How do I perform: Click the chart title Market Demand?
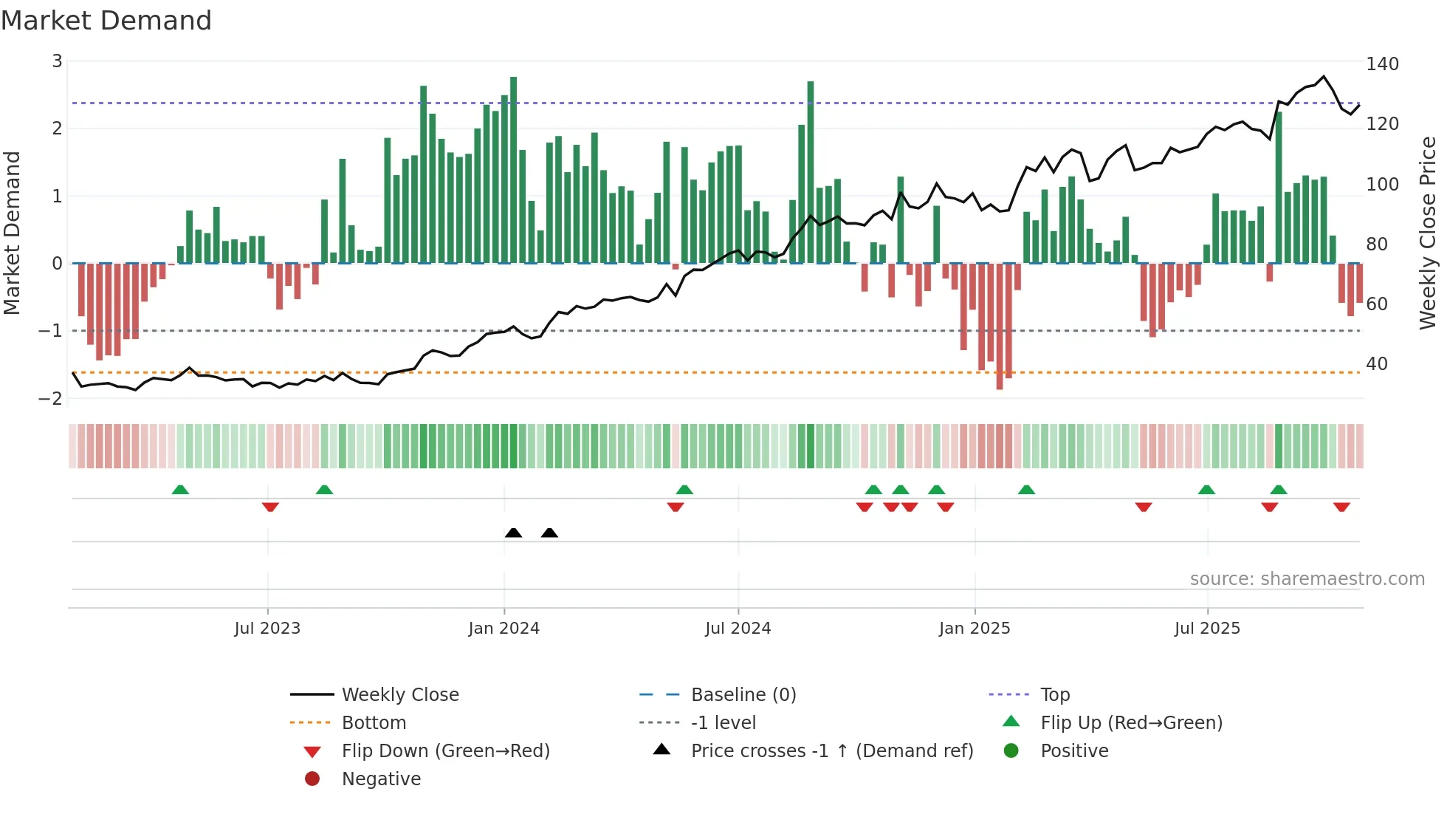tap(106, 21)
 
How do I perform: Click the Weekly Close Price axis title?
tap(1428, 233)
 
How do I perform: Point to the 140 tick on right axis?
tap(1382, 64)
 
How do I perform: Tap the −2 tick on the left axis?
tap(51, 398)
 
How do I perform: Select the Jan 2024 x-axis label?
tap(503, 629)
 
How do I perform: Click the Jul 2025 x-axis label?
tap(1207, 629)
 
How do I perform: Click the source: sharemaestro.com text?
tap(1307, 579)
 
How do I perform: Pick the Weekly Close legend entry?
tap(399, 694)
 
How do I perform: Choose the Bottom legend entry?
tap(374, 722)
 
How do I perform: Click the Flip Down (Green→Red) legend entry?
tap(445, 750)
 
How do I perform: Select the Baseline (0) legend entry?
tap(743, 694)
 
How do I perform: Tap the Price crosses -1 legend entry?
tap(831, 750)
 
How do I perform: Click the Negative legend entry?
tap(381, 779)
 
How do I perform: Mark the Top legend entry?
tap(1055, 694)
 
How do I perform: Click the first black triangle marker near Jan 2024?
tap(513, 533)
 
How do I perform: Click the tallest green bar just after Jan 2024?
tap(513, 170)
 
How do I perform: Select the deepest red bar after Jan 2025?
tap(1000, 325)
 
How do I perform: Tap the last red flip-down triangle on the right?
tap(1341, 507)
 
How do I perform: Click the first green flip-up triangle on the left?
tap(180, 490)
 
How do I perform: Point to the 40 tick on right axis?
tap(1376, 364)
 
